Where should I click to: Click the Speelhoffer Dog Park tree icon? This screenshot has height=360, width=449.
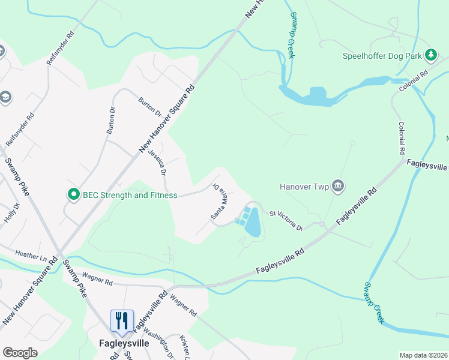[430, 56]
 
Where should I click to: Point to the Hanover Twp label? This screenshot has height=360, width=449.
[305, 187]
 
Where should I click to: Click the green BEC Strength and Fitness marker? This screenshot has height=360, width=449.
[73, 194]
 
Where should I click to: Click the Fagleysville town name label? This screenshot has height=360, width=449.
[123, 344]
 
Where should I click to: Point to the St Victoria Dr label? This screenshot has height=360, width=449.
[285, 220]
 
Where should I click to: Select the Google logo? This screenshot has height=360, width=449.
[20, 353]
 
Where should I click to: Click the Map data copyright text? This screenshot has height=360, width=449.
[424, 355]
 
